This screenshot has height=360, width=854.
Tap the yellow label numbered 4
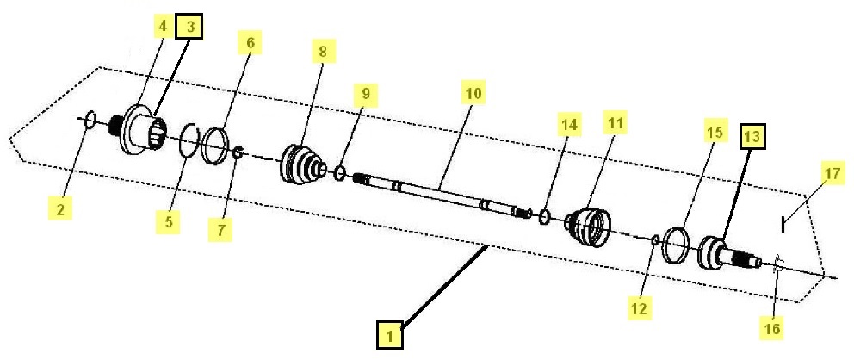tap(162, 28)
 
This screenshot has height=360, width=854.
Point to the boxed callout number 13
tap(752, 136)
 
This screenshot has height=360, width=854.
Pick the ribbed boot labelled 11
tap(590, 225)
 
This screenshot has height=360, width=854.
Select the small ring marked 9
tap(340, 174)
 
